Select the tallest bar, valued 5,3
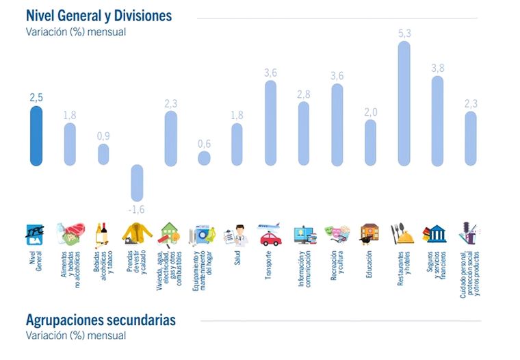tap(404, 103)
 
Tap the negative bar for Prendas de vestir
tap(137, 182)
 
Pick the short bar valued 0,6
tap(204, 158)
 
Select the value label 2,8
tap(303, 94)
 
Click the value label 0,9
tap(103, 136)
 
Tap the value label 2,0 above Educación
tap(370, 112)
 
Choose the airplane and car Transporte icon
tap(270, 234)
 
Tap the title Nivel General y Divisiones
tap(99, 15)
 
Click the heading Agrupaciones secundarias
tap(101, 320)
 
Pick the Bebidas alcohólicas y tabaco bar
tap(103, 154)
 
